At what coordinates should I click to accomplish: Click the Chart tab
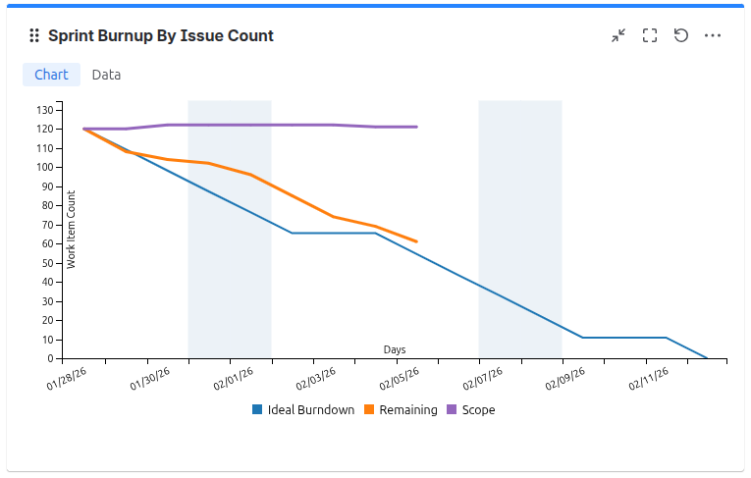click(51, 75)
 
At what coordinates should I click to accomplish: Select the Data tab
click(106, 75)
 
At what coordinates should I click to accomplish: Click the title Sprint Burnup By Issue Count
click(161, 35)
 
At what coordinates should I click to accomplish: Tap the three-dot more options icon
click(713, 35)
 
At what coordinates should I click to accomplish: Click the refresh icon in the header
click(681, 35)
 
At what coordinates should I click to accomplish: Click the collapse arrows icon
click(618, 35)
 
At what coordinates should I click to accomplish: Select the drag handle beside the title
click(35, 35)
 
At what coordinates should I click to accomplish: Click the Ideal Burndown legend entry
click(303, 410)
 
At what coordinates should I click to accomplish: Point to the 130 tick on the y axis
click(44, 109)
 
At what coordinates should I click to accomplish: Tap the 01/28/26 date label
click(66, 380)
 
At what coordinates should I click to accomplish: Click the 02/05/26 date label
click(399, 380)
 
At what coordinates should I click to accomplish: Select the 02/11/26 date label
click(649, 380)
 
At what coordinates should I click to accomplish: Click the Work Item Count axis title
click(71, 229)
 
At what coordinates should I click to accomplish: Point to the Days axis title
click(395, 349)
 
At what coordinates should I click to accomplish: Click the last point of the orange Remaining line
click(417, 241)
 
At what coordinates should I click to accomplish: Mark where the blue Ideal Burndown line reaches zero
click(708, 358)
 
